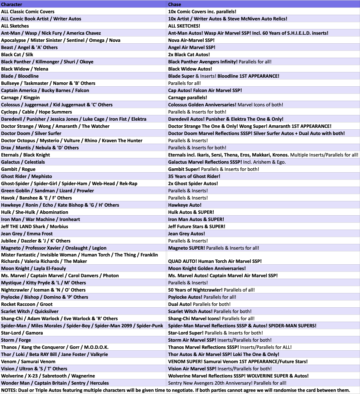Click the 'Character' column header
(11, 4)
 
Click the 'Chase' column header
(175, 4)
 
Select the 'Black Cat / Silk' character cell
(17, 54)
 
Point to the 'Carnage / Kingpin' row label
(20, 97)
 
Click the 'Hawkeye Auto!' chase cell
(185, 205)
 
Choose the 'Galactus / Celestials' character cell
(23, 162)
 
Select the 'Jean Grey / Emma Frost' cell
(27, 234)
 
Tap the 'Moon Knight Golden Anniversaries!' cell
(207, 268)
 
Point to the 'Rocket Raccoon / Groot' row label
(27, 304)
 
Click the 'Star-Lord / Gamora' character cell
(22, 333)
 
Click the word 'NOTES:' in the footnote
(9, 390)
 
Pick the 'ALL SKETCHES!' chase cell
(184, 26)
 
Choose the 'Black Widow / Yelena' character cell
(25, 69)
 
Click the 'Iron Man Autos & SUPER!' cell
(196, 219)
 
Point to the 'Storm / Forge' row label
(16, 340)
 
